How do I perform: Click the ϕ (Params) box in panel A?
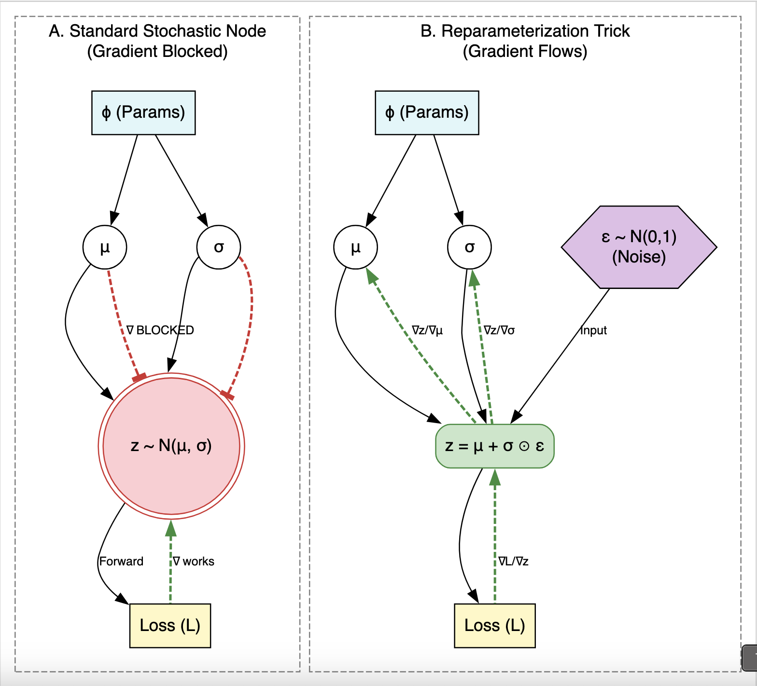143,112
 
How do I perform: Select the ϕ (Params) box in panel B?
427,112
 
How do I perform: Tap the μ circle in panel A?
105,247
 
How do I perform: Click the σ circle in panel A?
219,247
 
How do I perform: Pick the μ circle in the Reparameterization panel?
355,247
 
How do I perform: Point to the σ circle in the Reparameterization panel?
469,247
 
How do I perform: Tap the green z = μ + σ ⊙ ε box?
494,446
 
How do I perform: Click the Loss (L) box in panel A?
170,625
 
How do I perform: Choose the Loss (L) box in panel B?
495,625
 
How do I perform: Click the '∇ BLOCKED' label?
160,330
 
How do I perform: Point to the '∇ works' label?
194,562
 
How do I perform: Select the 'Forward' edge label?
121,562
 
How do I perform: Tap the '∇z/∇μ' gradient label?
427,330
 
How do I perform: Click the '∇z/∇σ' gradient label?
499,330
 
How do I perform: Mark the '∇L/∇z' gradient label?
514,562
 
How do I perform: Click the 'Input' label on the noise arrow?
593,330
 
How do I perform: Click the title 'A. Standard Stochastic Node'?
157,31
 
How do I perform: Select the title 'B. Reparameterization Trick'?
525,31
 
